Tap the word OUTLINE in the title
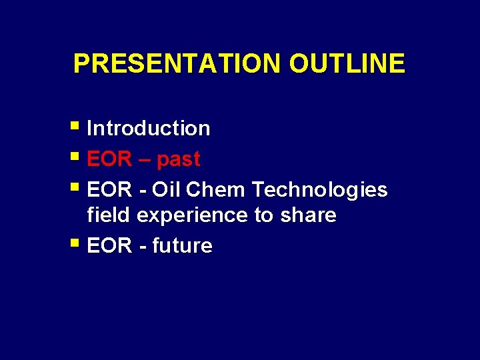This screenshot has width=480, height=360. pos(347,63)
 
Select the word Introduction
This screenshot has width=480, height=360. pos(148,128)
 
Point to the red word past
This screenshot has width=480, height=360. pos(178,160)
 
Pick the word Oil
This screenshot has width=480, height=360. pos(166,190)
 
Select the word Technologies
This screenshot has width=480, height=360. pos(319,190)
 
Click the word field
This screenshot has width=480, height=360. pos(109,215)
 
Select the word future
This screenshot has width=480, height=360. pos(182,246)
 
